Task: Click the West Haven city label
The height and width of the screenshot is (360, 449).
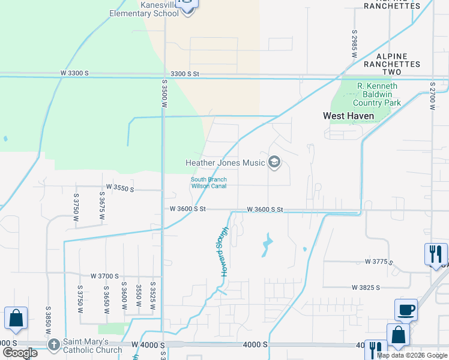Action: pos(348,116)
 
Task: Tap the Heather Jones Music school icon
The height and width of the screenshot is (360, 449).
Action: pos(274,163)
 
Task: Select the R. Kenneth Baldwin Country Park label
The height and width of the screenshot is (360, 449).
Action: pos(378,94)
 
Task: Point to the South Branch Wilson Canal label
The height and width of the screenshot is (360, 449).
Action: pos(208,182)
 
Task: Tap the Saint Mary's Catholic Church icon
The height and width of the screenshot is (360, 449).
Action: pos(54,344)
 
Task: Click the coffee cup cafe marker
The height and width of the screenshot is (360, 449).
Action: pos(406,310)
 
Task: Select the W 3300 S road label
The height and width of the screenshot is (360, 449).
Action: pos(74,73)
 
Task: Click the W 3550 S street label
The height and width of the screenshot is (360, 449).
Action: pos(119,188)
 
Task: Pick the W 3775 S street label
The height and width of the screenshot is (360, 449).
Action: pos(379,262)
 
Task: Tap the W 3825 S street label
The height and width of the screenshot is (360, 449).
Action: pos(366,287)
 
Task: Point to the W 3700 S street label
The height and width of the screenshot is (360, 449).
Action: pos(104,276)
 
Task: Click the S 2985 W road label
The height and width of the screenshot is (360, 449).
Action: pos(354,43)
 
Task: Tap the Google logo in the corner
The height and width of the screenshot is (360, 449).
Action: pos(20,353)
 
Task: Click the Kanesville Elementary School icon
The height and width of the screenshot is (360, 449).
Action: pos(188,7)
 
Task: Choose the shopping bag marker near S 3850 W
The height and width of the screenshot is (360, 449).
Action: pos(16,319)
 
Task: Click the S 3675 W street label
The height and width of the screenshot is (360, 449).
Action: pos(102,207)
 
